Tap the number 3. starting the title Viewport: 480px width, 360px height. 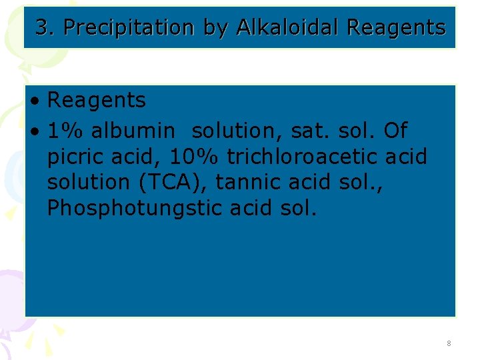[x=44, y=27]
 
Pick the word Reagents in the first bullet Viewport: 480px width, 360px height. [x=97, y=101]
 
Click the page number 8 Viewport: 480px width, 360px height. [x=449, y=343]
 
